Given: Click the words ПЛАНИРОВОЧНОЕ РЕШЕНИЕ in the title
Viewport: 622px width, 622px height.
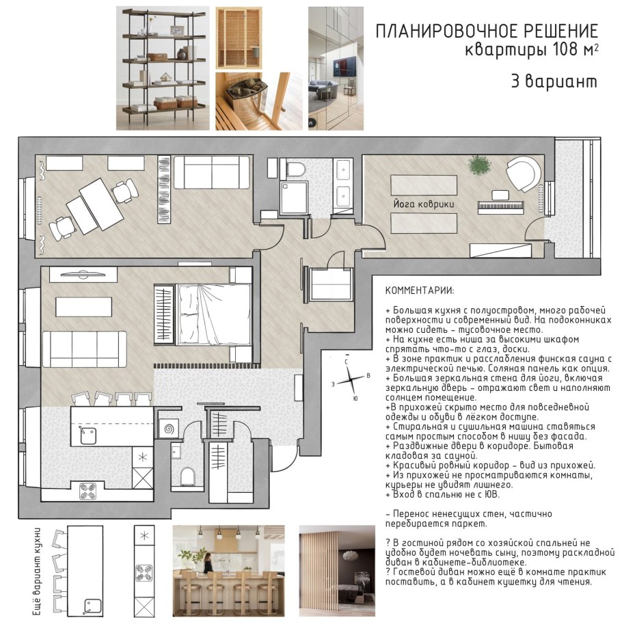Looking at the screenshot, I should [487, 31].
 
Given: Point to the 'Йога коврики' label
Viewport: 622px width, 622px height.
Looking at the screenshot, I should [424, 204].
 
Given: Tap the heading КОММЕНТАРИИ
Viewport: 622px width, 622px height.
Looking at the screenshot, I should [419, 290].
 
